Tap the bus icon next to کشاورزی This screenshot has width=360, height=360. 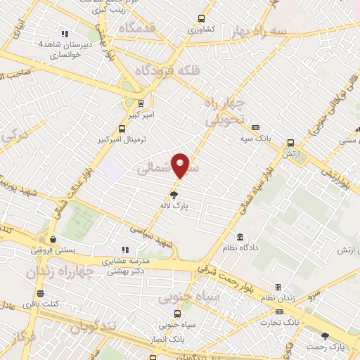(202, 19)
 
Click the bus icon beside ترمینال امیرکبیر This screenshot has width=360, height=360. (122, 129)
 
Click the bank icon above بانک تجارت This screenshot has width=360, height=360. (280, 311)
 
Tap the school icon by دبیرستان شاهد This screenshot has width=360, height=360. (65, 33)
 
